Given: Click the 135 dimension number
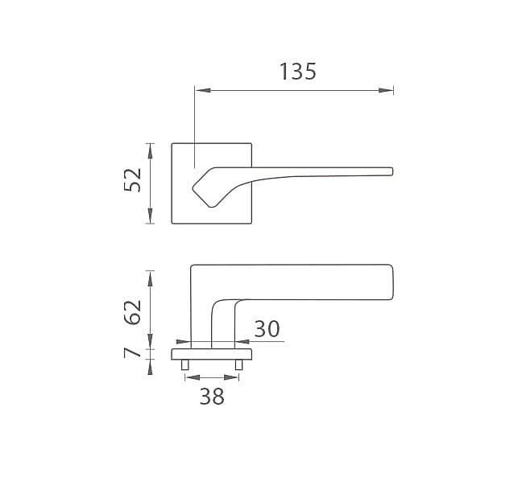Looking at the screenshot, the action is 298,72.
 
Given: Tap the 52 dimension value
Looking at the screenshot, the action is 132,180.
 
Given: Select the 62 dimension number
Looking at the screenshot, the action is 132,312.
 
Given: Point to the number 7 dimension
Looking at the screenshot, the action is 131,352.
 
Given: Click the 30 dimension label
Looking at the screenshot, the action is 267,329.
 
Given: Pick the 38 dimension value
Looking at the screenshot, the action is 212,397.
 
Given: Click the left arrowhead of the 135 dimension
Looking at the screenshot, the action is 203,90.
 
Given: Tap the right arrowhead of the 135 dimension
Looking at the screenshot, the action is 386,90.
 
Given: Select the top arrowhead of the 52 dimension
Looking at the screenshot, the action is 151,151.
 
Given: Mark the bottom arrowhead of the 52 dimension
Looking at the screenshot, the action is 151,216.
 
